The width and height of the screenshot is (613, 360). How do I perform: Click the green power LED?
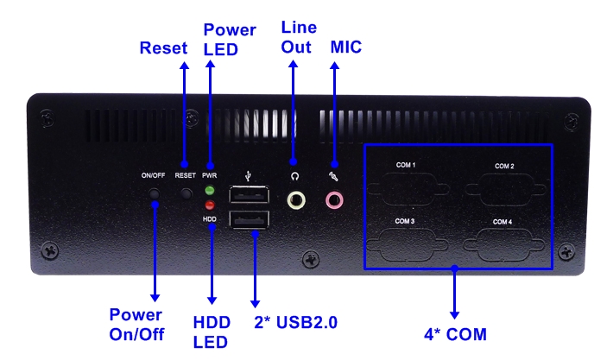tap(210, 191)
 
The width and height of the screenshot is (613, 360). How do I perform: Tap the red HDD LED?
tap(210, 205)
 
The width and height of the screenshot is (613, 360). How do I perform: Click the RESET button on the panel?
tap(186, 193)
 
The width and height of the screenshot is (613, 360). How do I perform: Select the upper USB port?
tap(250, 195)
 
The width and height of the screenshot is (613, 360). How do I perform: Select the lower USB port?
tap(250, 219)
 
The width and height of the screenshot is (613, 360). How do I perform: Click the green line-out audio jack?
tap(296, 200)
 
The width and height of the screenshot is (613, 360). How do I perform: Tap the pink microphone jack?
tap(334, 200)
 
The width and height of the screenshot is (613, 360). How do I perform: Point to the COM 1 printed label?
tap(406, 165)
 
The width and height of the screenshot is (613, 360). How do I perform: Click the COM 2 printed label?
tap(504, 166)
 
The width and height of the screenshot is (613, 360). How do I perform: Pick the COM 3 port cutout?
tap(407, 245)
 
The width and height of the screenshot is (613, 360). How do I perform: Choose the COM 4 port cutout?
tap(503, 245)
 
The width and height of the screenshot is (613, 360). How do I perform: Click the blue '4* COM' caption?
tap(456, 335)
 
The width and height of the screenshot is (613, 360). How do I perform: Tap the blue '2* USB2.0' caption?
tap(295, 323)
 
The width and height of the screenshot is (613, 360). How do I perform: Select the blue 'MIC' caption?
tap(346, 47)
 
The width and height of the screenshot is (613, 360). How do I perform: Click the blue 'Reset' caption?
tap(163, 48)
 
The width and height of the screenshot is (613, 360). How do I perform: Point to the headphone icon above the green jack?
tap(295, 177)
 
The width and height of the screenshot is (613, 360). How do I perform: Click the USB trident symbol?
tap(248, 176)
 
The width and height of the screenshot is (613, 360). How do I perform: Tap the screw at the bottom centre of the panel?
tap(311, 259)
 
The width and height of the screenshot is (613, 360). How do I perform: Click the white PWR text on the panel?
tap(210, 175)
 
